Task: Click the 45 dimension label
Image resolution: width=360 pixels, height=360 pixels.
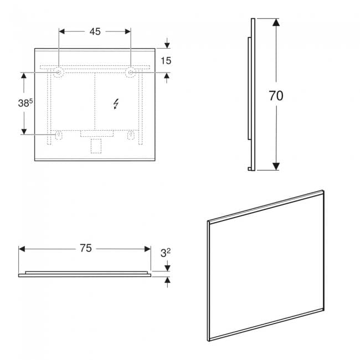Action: click(x=95, y=32)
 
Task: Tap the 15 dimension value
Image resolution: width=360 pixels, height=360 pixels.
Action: click(x=166, y=60)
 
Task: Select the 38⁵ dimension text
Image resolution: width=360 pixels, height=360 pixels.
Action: click(x=25, y=103)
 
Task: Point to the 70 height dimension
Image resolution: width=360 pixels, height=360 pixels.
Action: click(x=276, y=96)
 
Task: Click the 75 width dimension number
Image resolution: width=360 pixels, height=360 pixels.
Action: click(x=86, y=248)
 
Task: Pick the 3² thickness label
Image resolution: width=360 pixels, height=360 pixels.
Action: click(x=165, y=253)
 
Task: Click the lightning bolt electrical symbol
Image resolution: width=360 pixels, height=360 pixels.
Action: click(x=116, y=104)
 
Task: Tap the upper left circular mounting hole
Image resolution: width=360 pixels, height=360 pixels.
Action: click(x=58, y=73)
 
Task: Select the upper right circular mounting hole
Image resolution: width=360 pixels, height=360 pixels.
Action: click(x=131, y=73)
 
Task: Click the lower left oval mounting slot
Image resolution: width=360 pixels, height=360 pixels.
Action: click(x=59, y=135)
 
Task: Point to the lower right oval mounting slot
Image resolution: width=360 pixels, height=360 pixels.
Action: click(x=131, y=135)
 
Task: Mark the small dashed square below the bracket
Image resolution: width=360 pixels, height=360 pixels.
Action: click(x=96, y=146)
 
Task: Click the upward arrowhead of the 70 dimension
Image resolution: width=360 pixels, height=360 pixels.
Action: click(x=276, y=22)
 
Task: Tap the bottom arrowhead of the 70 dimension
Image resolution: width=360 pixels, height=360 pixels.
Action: click(x=276, y=166)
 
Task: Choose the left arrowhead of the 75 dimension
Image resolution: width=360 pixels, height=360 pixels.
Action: click(x=22, y=249)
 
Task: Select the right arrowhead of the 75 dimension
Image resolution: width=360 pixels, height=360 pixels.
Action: click(x=148, y=249)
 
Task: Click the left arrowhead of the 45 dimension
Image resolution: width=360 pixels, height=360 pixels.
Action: click(x=62, y=32)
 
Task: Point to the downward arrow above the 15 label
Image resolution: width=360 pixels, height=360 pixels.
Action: click(x=167, y=43)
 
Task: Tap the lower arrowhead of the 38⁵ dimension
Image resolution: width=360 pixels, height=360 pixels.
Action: click(x=24, y=132)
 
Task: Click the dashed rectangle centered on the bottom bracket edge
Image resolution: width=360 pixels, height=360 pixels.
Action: click(x=97, y=133)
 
